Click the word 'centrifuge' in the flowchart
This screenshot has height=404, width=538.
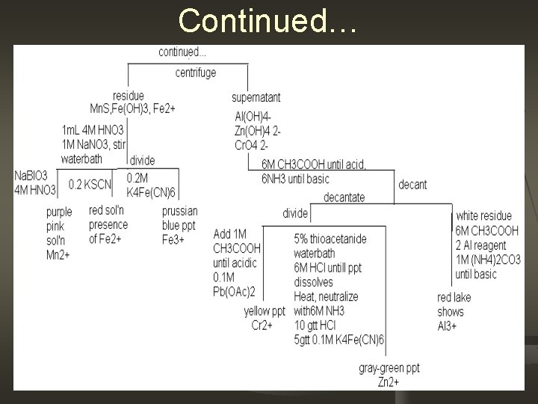click(196, 73)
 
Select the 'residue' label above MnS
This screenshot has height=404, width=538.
click(129, 96)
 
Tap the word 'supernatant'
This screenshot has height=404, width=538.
click(256, 98)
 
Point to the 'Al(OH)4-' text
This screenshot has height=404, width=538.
click(253, 116)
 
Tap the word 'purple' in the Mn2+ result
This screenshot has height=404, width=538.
click(58, 212)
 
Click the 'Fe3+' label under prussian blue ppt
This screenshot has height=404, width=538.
click(174, 238)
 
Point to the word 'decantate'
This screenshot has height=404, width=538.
click(344, 197)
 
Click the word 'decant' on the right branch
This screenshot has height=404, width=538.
click(414, 184)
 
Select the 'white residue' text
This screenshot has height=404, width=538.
click(486, 216)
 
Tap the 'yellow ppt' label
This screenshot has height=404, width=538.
click(265, 310)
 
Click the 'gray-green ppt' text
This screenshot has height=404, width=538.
click(389, 369)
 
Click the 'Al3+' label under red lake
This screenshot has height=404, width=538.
click(447, 325)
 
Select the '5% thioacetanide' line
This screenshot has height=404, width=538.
click(330, 239)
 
